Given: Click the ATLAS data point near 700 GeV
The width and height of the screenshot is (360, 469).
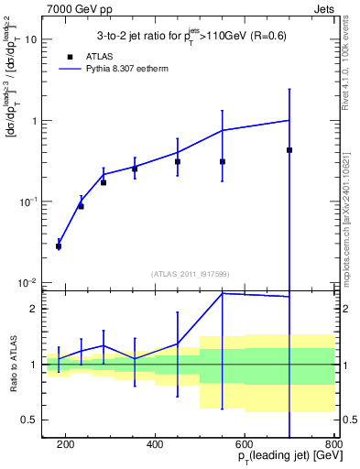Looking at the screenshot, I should (x=289, y=150).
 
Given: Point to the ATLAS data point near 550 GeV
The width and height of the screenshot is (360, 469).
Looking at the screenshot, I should (x=223, y=161).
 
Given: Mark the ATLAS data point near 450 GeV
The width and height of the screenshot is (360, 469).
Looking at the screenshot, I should (x=178, y=161).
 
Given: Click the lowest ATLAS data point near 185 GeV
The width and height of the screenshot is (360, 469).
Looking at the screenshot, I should (x=59, y=246).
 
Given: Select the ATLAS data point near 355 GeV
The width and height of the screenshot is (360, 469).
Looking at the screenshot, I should (x=135, y=169).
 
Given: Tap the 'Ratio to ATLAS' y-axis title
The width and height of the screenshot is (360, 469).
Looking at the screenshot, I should (x=13, y=365).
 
